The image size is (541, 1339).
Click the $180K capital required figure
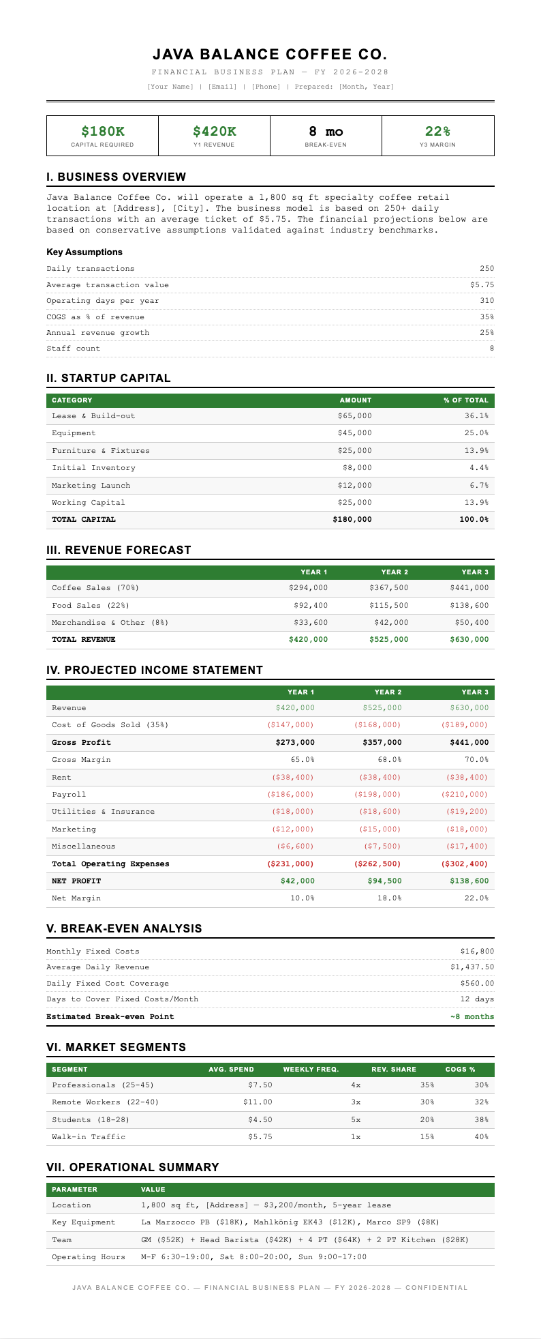pyautogui.click(x=102, y=132)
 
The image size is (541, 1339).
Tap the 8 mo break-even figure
pyautogui.click(x=326, y=132)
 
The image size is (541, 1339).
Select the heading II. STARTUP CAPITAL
pyautogui.click(x=108, y=378)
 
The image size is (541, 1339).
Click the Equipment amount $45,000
pyautogui.click(x=354, y=433)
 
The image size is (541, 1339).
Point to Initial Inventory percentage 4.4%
pyautogui.click(x=479, y=468)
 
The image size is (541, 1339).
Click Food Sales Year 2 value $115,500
pyautogui.click(x=388, y=605)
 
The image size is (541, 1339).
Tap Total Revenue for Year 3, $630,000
pyautogui.click(x=469, y=639)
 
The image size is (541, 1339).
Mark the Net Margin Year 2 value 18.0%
pyautogui.click(x=390, y=898)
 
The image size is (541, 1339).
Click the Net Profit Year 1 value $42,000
pyautogui.click(x=298, y=881)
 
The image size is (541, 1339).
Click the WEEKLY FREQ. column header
pyautogui.click(x=311, y=1069)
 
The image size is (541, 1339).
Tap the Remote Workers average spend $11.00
pyautogui.click(x=258, y=1102)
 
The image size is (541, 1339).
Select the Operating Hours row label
pyautogui.click(x=89, y=1256)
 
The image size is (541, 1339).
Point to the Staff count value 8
pyautogui.click(x=491, y=349)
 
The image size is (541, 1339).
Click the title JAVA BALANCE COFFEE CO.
pyautogui.click(x=270, y=55)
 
